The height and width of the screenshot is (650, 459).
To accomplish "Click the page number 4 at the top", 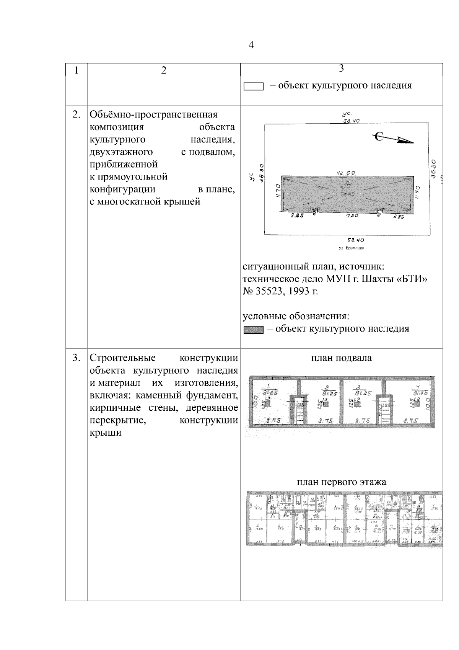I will pyautogui.click(x=251, y=45).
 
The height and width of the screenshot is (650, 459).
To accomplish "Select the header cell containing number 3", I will pyautogui.click(x=341, y=69).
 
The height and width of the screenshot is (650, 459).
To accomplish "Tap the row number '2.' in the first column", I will pyautogui.click(x=76, y=114).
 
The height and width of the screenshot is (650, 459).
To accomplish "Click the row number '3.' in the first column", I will pyautogui.click(x=76, y=358).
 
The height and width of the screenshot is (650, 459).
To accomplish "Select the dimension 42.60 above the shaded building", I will pyautogui.click(x=346, y=173).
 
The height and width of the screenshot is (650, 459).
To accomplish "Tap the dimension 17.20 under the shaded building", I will pyautogui.click(x=352, y=216).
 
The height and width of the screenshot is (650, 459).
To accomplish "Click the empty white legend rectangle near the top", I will pyautogui.click(x=254, y=87).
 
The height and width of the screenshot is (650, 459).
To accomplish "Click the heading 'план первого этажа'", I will pyautogui.click(x=342, y=482).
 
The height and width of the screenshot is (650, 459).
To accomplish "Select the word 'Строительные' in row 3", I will pyautogui.click(x=122, y=358).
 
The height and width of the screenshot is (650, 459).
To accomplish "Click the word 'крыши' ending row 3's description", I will pyautogui.click(x=106, y=433).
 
